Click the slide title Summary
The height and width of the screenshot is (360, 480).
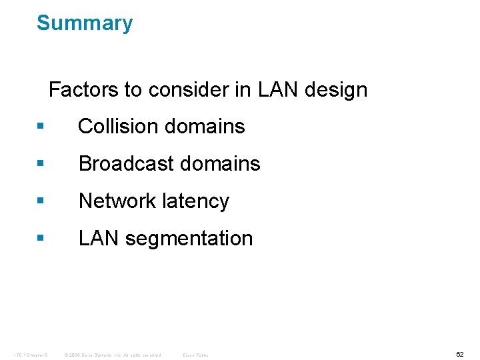click(85, 23)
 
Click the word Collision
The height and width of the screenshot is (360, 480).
click(116, 127)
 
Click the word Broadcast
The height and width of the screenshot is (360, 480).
click(124, 164)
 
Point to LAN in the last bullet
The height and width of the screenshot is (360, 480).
click(98, 239)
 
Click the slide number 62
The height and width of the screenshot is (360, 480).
click(459, 354)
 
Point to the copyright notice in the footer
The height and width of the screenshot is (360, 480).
click(113, 355)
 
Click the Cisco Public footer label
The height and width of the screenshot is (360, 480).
click(195, 355)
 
